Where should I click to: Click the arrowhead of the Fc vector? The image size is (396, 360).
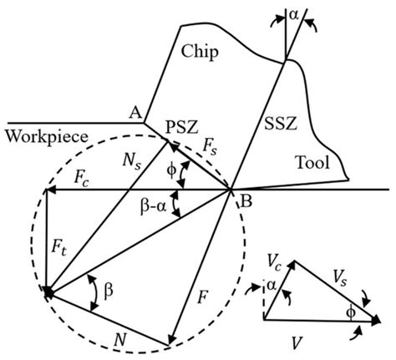[49, 190]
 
